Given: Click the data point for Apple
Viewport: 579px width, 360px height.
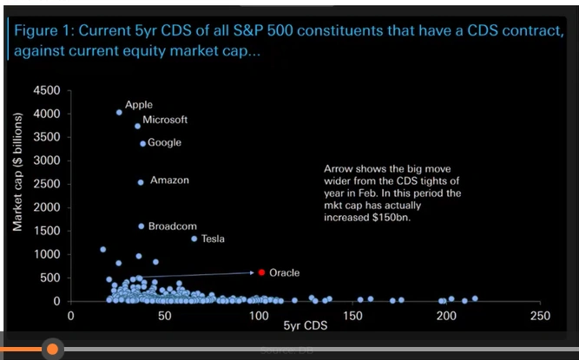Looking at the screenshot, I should pos(119,112).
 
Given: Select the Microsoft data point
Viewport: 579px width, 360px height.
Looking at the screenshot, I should pos(138,126).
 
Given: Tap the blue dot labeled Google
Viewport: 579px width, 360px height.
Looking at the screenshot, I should pos(143,143).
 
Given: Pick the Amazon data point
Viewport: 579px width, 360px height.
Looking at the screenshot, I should pos(141,182).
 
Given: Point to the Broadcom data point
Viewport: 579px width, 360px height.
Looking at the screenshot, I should pos(141,226).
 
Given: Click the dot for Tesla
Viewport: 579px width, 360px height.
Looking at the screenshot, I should pos(194,239).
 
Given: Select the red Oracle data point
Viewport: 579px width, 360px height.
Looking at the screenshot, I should pos(260,272).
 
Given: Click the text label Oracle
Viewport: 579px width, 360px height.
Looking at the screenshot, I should pos(284,272).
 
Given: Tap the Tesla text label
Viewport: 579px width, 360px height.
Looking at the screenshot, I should pos(213,239).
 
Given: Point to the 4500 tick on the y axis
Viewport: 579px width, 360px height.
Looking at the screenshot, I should pos(45,91).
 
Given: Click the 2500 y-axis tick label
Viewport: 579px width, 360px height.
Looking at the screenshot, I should pos(45,184).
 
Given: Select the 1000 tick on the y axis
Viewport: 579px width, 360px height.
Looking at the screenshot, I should pos(45,254).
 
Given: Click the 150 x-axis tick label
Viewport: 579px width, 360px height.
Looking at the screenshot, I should pos(352,316).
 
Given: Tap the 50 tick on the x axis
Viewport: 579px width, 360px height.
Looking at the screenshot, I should pos(165,316).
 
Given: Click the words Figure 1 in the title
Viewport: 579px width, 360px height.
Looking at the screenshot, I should pos(43,30).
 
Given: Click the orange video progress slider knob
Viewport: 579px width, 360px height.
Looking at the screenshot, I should pos(52,349).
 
